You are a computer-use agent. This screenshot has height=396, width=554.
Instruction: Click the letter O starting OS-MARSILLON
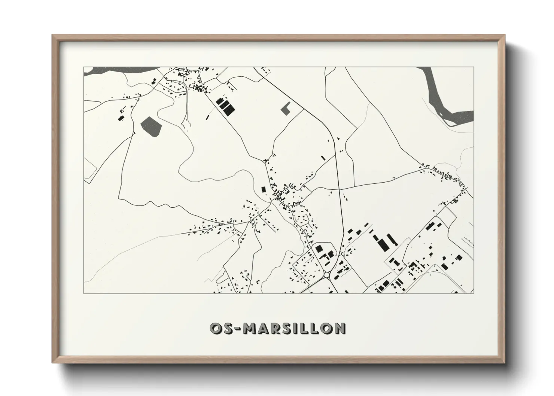point(216,328)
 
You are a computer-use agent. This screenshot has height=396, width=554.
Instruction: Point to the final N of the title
point(340,328)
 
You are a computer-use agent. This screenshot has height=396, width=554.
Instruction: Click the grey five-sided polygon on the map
point(151,126)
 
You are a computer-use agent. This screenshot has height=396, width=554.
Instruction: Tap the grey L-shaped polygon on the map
point(286,108)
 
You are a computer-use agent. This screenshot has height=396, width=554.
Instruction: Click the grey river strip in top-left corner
point(112,70)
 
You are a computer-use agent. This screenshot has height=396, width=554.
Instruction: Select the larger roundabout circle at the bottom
point(327,275)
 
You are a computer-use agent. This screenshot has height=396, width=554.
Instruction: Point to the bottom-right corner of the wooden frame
point(505,363)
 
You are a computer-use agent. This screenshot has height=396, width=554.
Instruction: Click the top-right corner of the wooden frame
point(505,35)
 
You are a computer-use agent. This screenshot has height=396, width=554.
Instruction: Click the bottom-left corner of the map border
point(83,293)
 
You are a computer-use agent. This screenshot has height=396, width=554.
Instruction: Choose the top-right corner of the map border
point(474,67)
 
